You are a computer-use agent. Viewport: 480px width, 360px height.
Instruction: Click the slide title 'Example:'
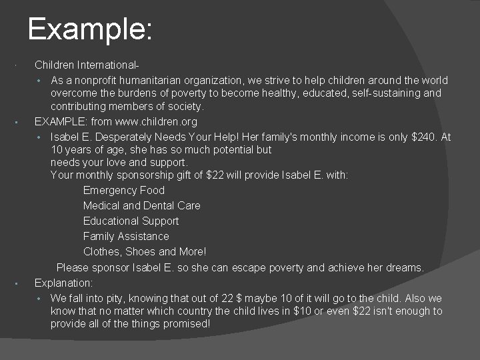pos(91,30)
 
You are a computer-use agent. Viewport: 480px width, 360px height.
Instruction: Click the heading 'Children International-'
pos(87,65)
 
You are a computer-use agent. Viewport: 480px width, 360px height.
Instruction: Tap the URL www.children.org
pos(156,122)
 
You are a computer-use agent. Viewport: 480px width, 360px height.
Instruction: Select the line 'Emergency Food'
pos(124,191)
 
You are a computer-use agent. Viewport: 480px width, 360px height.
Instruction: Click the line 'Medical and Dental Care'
pos(141,206)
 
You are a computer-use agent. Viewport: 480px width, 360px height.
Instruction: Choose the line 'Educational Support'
pos(131,221)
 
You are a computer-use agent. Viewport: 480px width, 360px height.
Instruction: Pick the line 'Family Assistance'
pos(126,237)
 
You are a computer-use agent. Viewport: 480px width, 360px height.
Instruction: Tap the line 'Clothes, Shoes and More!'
pos(145,252)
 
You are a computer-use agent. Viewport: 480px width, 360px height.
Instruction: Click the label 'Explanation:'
pos(63,282)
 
